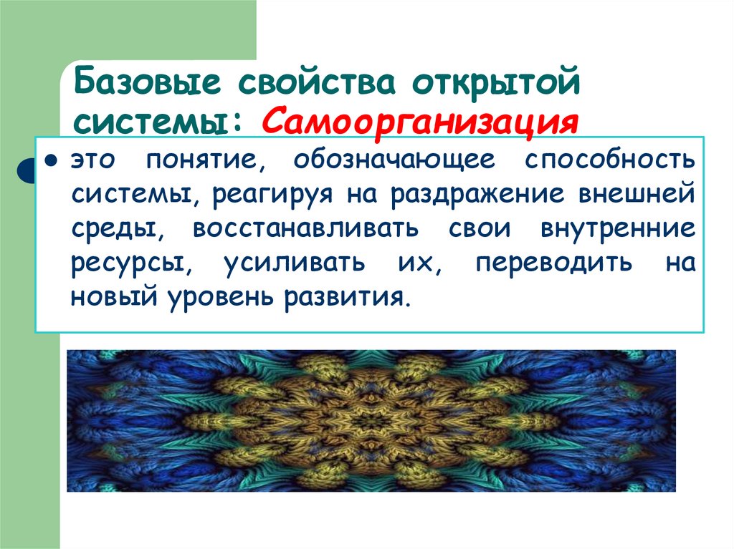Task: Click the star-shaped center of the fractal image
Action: click(371, 420)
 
